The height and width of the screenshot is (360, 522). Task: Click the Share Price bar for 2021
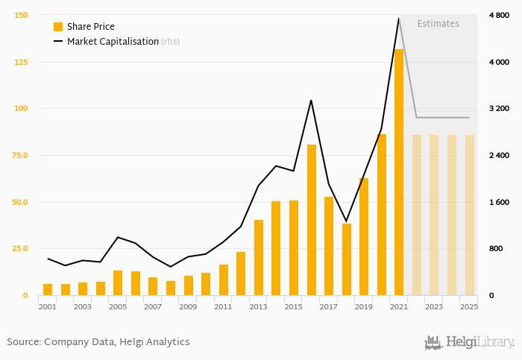coord(399,172)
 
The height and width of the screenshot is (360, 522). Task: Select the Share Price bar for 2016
coord(312,220)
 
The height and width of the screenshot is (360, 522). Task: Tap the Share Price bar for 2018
coord(347,259)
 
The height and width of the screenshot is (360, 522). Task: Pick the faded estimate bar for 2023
coord(434,215)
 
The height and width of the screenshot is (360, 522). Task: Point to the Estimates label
coord(438,24)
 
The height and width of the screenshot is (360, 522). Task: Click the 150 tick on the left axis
coord(21,15)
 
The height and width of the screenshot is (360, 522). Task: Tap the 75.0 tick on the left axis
coord(19,155)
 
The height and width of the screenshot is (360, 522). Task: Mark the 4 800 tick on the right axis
coord(498,15)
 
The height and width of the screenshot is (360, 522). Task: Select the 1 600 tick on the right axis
coord(498,202)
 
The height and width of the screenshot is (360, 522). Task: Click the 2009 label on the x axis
coord(188,306)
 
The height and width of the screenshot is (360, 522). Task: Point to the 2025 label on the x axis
coord(469,306)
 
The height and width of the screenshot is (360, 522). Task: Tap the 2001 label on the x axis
coord(47,306)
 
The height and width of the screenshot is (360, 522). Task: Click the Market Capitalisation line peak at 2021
coord(399,19)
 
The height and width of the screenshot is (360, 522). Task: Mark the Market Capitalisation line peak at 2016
coord(311,100)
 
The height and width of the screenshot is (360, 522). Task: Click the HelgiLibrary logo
coord(469,342)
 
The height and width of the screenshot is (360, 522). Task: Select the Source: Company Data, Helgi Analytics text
coord(98,342)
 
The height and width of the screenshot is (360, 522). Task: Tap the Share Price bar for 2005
coord(118,282)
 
